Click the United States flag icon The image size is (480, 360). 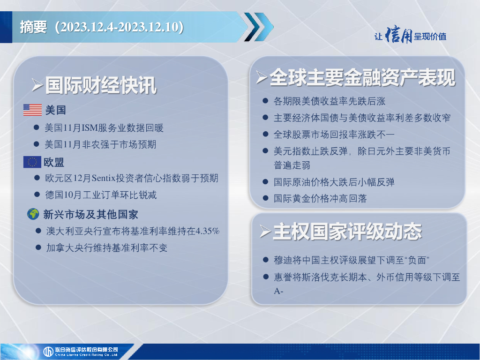pos(32,110)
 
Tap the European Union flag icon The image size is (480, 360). pos(32,162)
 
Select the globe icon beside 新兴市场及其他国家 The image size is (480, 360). pos(33,214)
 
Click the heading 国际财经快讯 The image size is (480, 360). pos(101,85)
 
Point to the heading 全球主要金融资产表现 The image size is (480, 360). pos(362,77)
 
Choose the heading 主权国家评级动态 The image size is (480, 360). pos(347,232)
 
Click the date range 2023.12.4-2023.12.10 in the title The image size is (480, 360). pos(119,27)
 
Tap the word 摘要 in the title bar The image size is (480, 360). pos(33,27)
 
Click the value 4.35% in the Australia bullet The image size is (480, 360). pos(208,231)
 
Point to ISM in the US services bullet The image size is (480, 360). pos(89,127)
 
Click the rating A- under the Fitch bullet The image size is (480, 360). pos(278,291)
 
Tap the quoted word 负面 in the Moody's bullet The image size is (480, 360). pos(417,260)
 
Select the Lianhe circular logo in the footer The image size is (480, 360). pos(48,352)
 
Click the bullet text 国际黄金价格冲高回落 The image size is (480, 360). pos(320,198)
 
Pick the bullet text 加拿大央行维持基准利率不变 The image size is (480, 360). pos(107,247)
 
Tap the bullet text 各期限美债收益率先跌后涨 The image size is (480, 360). pos(330,101)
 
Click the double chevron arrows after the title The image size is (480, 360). pos(259,27)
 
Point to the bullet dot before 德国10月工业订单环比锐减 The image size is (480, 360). pos(37,195)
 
